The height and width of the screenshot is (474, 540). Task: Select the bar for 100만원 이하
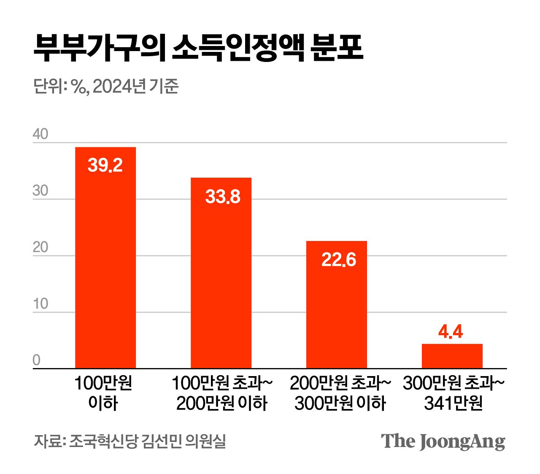[105, 257]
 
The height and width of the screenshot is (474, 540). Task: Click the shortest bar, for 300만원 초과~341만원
[452, 356]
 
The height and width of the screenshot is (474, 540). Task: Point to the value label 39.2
[105, 165]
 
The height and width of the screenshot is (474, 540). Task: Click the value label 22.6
[338, 260]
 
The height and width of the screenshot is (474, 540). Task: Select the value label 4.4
[451, 332]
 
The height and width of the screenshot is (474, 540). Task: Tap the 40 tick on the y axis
[40, 134]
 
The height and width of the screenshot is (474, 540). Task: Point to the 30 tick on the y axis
[40, 191]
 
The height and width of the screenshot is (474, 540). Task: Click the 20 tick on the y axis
[40, 247]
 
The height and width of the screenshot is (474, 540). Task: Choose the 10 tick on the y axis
[40, 304]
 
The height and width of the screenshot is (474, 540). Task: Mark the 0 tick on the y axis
[37, 360]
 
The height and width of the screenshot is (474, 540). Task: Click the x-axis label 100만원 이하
[103, 393]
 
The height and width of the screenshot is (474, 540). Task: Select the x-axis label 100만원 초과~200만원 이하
[222, 393]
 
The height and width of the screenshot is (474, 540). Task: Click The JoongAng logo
[443, 441]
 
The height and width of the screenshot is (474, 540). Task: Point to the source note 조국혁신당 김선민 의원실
[148, 441]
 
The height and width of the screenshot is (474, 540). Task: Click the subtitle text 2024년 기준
[135, 87]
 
